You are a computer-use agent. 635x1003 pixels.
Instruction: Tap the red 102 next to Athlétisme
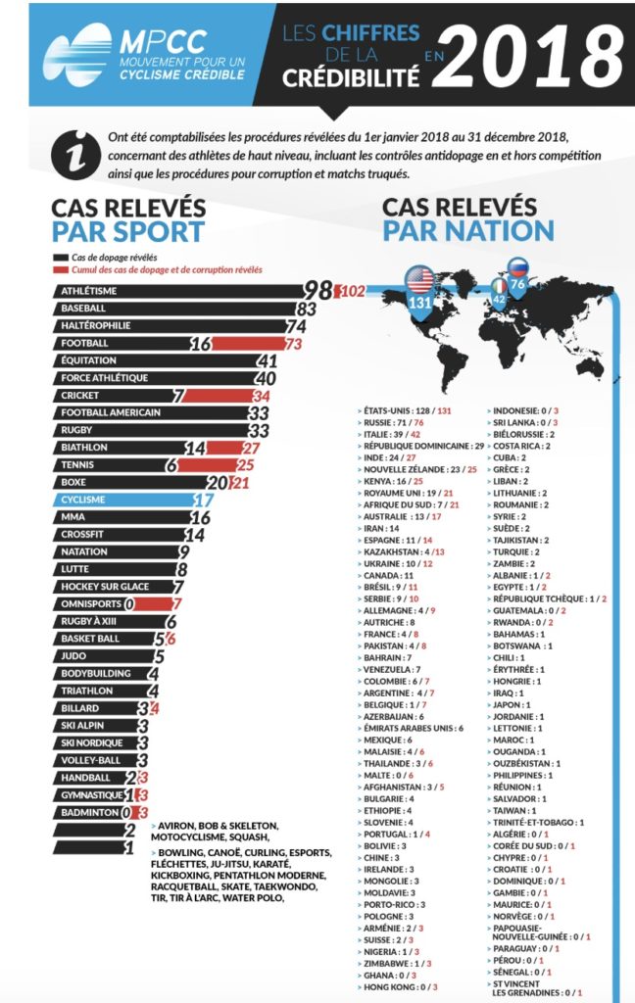click(350, 292)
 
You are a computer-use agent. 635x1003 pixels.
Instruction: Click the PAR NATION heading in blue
click(468, 231)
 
